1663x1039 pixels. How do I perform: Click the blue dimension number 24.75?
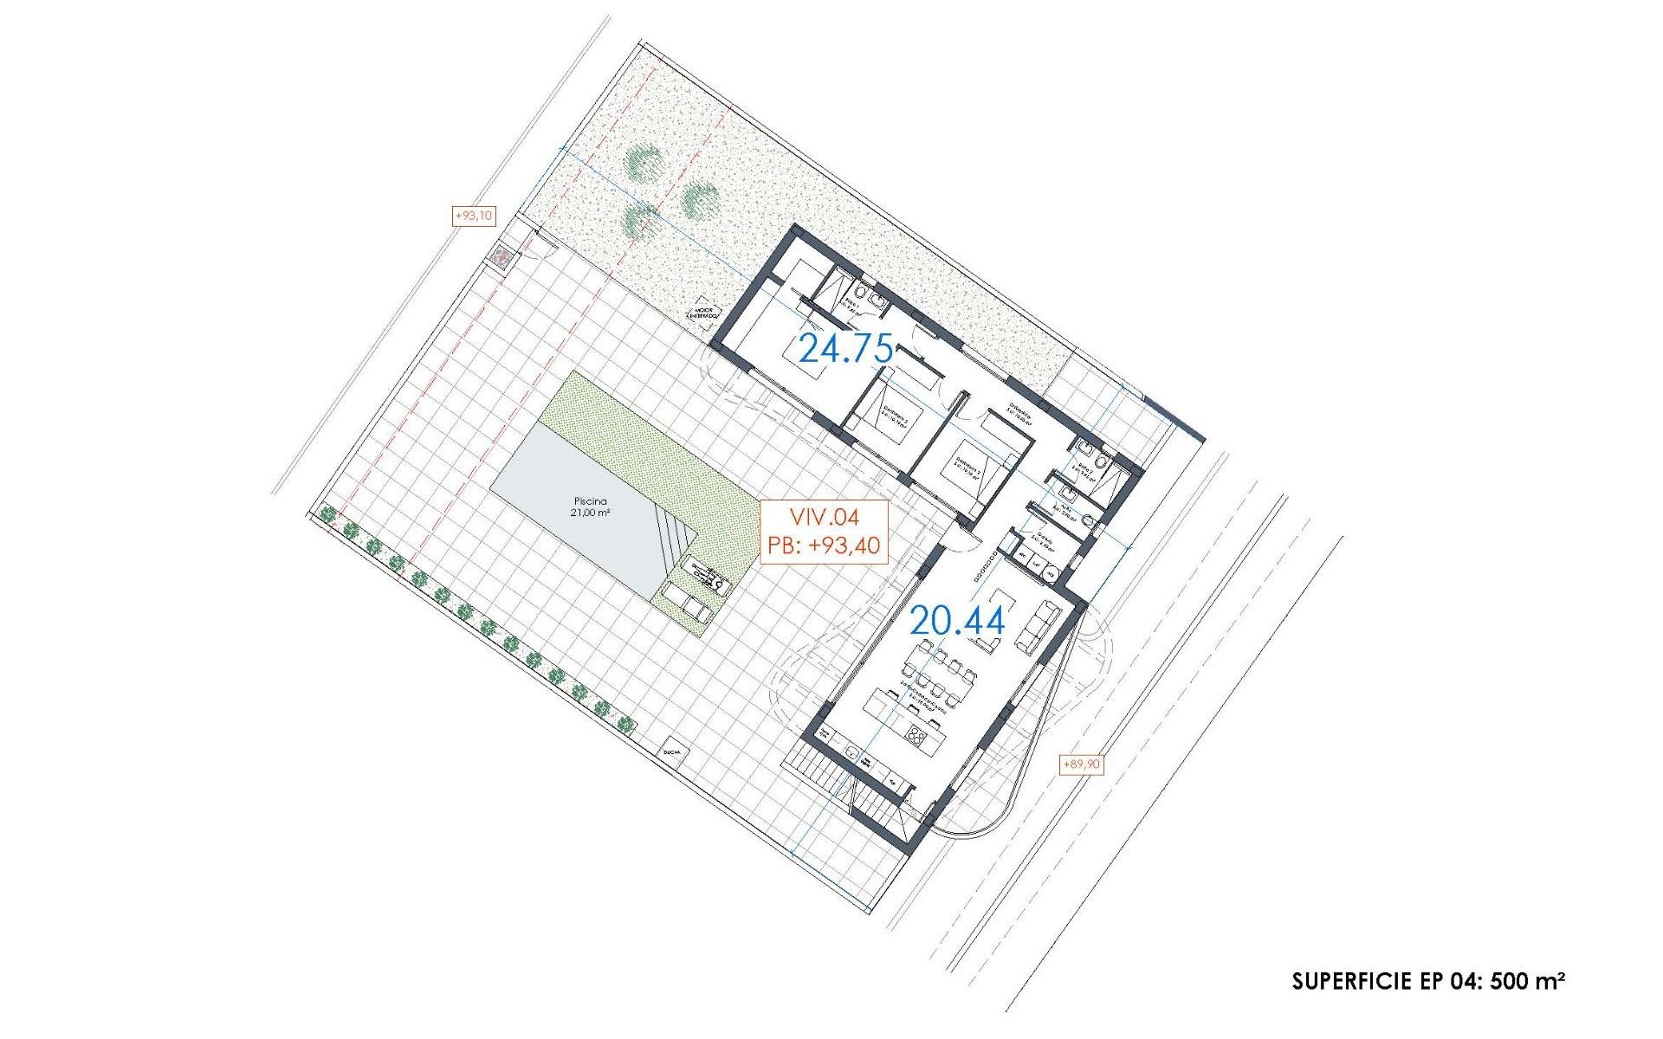845,349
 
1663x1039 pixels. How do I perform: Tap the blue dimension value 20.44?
956,621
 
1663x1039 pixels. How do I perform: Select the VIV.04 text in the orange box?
824,518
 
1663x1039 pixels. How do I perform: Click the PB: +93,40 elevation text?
824,545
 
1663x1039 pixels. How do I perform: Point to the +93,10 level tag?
474,216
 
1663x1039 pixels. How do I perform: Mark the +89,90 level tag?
1082,764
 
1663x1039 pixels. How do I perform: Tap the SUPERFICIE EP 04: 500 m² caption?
1428,981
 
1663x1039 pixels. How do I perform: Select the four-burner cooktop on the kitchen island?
916,736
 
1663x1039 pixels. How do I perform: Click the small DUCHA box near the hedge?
671,752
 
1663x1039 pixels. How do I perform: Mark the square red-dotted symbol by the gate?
501,256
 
